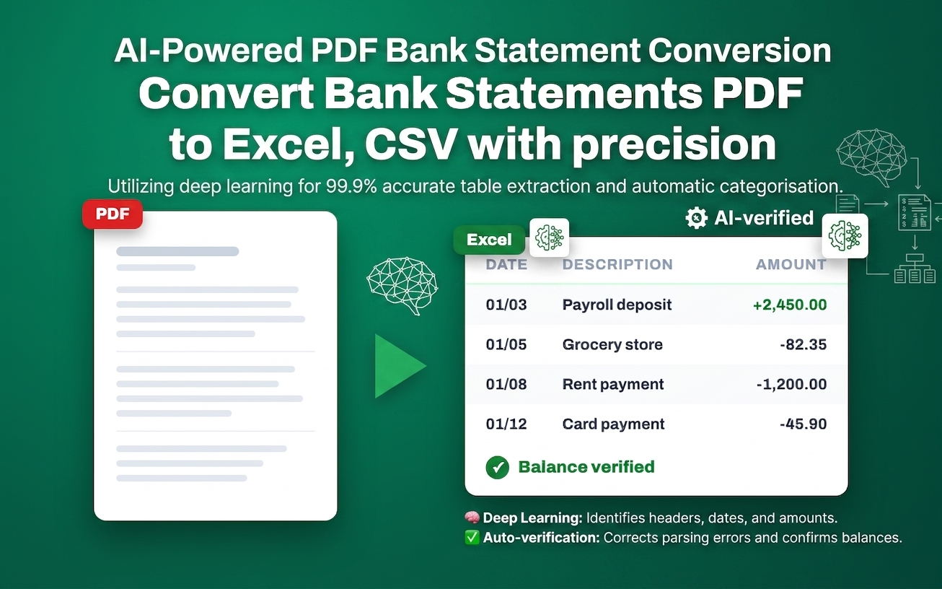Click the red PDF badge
click(113, 214)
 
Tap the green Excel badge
click(489, 240)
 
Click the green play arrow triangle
click(400, 366)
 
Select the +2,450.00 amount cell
click(790, 305)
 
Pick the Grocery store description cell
click(612, 344)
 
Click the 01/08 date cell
click(506, 384)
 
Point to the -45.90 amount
click(804, 424)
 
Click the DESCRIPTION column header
click(617, 264)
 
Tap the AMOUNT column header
click(791, 264)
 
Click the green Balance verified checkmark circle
click(498, 468)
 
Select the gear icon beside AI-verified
click(696, 218)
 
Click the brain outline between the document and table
click(402, 285)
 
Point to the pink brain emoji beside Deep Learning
click(472, 518)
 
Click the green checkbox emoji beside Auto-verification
click(472, 537)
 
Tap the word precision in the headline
click(674, 144)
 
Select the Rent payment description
click(613, 385)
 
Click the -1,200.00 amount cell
click(791, 384)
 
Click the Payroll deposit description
click(617, 305)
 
